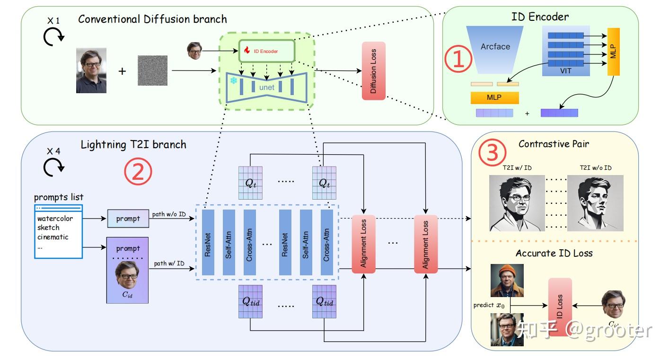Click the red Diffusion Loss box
pos(373,71)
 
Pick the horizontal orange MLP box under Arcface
pos(494,97)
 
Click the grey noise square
pos(152,70)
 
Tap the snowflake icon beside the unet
pos(233,81)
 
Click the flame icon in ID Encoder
pos(246,50)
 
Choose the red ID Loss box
pos(560,307)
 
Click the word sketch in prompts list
pos(49,228)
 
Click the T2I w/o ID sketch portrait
pos(595,203)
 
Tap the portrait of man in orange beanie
pos(507,280)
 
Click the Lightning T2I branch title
pos(133,144)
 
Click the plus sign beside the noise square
pos(122,71)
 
